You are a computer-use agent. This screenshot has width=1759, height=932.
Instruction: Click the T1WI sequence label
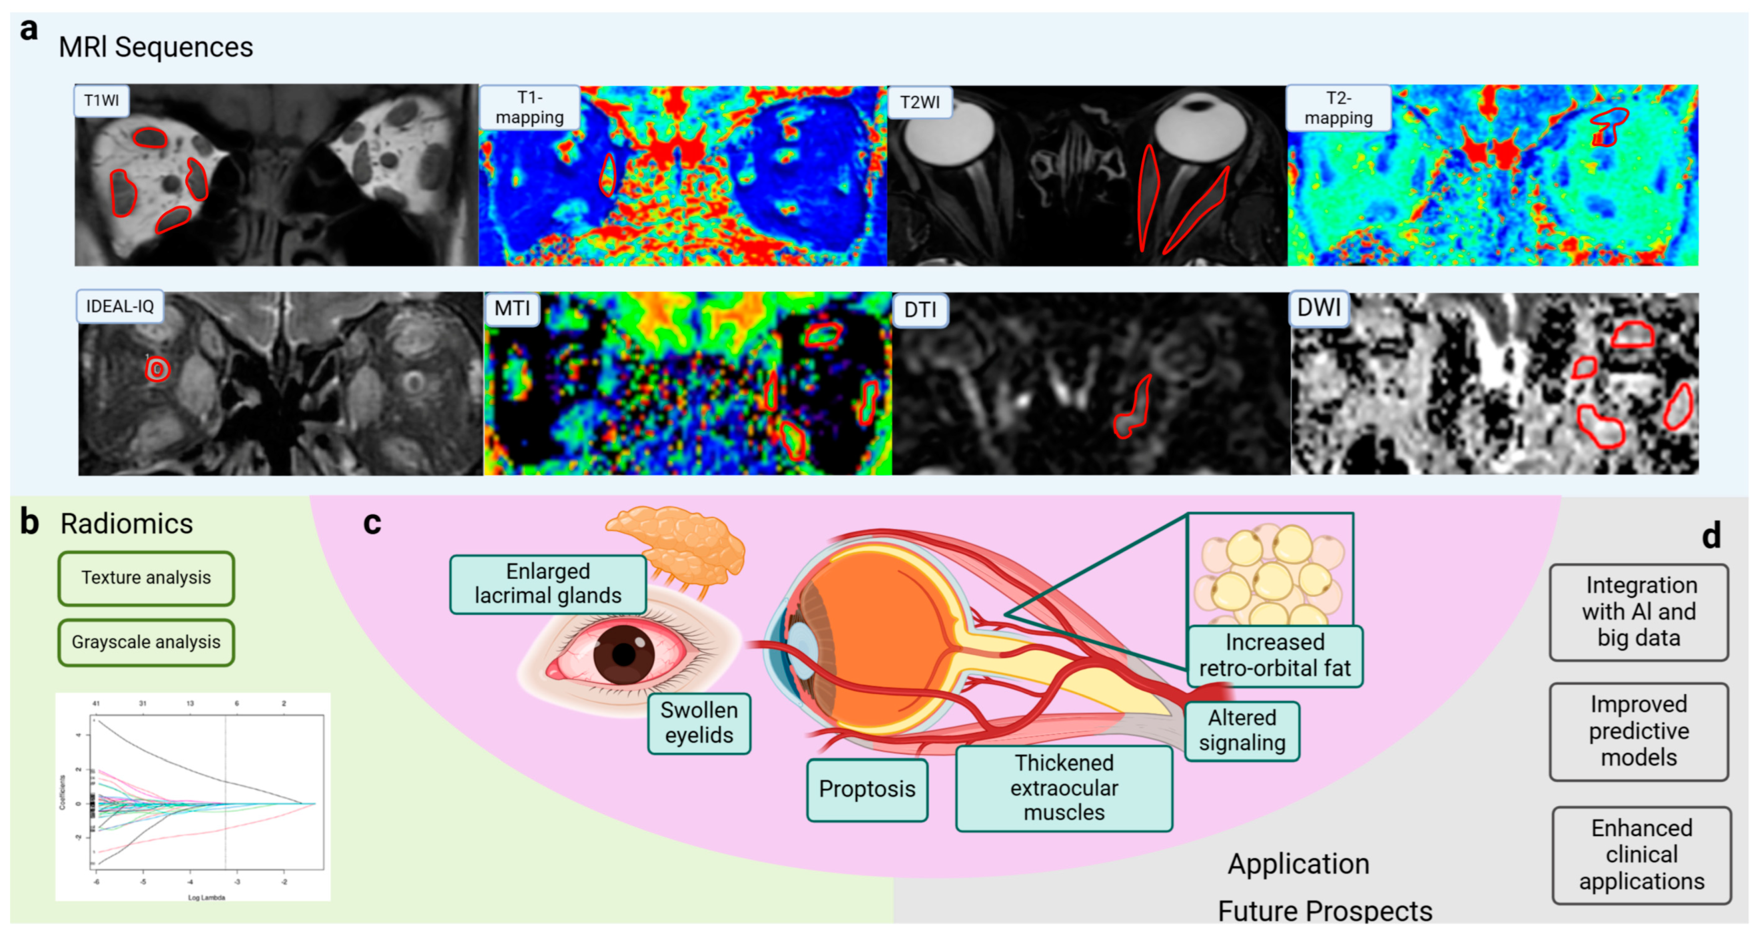[x=101, y=100]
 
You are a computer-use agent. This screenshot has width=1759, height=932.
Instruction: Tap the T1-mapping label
[x=530, y=108]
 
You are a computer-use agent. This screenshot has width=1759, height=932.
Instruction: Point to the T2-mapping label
[x=1338, y=108]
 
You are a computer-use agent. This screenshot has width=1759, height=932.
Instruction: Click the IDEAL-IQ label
[x=120, y=306]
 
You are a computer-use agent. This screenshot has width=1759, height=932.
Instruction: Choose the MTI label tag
[x=512, y=309]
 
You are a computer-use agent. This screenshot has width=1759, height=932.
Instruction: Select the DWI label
[x=1319, y=308]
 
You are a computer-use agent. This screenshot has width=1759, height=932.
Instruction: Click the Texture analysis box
[x=146, y=578]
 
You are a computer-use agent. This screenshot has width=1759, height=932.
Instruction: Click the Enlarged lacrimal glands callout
[x=548, y=584]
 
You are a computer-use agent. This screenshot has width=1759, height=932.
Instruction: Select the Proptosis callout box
[x=867, y=789]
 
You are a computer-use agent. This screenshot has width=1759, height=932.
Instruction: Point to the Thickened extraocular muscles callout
[x=1064, y=788]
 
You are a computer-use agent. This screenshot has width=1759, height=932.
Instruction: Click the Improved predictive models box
[x=1638, y=731]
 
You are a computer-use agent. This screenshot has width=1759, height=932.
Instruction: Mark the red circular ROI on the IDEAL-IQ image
[x=158, y=369]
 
